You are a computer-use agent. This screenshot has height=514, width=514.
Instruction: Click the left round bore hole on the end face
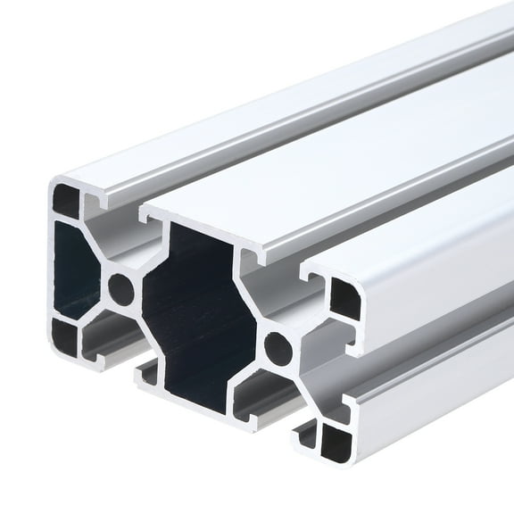pyautogui.click(x=121, y=288)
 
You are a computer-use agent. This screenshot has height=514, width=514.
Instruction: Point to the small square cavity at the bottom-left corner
pyautogui.click(x=64, y=336)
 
